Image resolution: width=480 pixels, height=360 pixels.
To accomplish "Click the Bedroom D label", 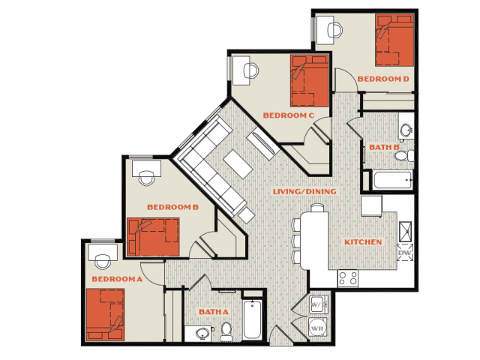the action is click(383, 79).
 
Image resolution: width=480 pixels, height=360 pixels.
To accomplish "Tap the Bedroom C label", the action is click(288, 115).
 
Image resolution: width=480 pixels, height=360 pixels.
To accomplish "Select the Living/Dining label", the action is click(304, 192).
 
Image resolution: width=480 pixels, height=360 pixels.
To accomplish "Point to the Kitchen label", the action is click(363, 242).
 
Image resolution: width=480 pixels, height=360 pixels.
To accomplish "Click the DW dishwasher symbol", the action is click(405, 253).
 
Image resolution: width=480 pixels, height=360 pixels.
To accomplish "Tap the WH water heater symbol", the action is click(316, 328).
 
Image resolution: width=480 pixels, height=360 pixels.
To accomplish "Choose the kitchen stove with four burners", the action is click(348, 278).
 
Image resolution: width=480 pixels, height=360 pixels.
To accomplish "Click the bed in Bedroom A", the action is click(105, 314).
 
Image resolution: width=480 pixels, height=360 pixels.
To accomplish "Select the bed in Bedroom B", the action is click(153, 237).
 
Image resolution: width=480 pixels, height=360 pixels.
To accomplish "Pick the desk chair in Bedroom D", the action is click(335, 30).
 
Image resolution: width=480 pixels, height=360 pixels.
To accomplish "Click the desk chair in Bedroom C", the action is click(251, 70).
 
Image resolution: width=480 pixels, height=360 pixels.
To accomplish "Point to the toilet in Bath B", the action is click(404, 156).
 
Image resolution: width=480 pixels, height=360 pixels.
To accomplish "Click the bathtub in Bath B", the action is click(392, 180).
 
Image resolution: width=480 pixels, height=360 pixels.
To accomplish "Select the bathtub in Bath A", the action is click(252, 319).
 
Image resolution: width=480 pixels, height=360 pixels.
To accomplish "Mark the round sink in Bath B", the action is click(406, 130).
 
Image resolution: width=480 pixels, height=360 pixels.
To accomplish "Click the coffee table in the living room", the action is click(238, 164).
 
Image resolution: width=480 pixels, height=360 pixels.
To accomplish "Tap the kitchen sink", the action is click(406, 231).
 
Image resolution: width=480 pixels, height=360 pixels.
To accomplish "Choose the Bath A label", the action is click(214, 312).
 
